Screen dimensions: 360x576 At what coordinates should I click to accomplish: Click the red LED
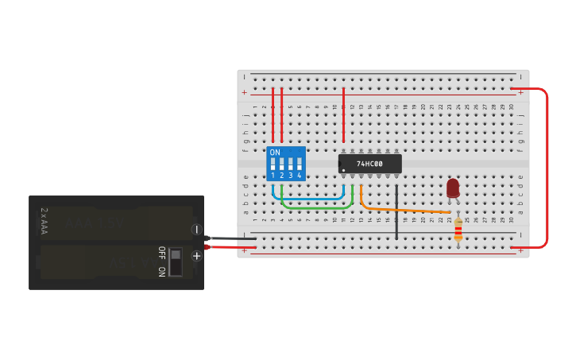(453, 188)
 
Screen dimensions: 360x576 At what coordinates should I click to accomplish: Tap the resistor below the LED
(458, 231)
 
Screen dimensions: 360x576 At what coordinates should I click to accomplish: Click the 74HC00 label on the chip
(369, 164)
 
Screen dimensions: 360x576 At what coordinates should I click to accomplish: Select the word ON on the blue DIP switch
(275, 153)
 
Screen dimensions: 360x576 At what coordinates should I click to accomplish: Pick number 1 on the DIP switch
(273, 175)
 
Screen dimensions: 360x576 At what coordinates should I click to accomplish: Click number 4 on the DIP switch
(299, 175)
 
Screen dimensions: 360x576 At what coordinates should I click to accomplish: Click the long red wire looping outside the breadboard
(547, 167)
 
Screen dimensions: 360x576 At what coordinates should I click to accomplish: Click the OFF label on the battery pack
(161, 252)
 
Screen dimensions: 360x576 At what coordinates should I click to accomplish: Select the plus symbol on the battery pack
(196, 255)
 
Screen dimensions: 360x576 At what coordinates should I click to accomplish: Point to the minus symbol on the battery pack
(196, 229)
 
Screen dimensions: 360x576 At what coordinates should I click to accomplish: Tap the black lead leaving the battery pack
(230, 238)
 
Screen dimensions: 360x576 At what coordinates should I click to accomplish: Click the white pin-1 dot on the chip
(343, 170)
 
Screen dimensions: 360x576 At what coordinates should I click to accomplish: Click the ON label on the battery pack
(161, 271)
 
